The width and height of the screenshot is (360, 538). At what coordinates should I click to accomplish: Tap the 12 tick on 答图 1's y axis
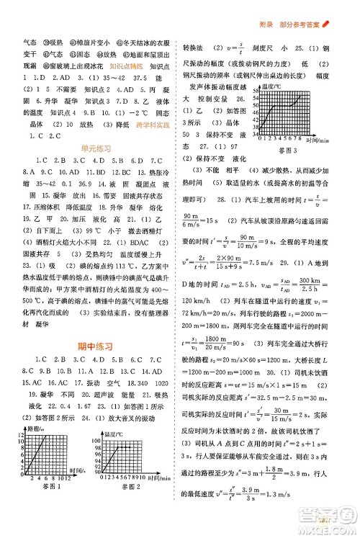tap(22, 456)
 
